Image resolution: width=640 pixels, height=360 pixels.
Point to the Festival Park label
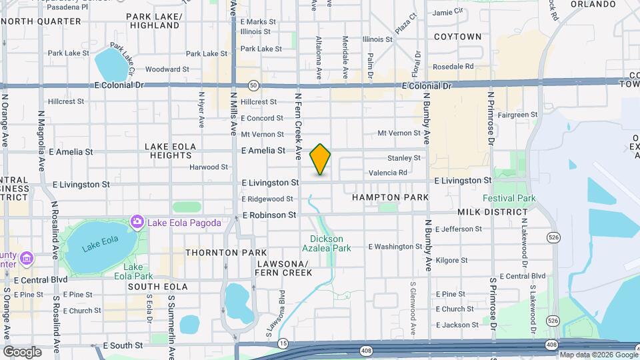(x=509, y=198)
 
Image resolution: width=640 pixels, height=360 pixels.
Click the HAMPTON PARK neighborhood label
(x=390, y=197)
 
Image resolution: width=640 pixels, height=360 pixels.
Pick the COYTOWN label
(x=457, y=36)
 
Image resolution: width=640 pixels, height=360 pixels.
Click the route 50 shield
(x=253, y=85)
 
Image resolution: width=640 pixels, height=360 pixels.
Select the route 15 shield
(x=283, y=343)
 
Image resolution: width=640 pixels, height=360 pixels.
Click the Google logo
(x=22, y=351)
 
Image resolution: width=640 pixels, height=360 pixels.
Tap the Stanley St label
(x=404, y=158)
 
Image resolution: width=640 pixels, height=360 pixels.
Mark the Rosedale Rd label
(x=453, y=67)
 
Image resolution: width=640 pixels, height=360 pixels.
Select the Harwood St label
(x=209, y=167)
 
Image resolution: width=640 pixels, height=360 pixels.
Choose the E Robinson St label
(x=269, y=215)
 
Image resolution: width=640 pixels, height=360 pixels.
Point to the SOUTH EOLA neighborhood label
(x=157, y=286)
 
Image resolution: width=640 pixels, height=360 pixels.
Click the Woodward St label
(x=167, y=69)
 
